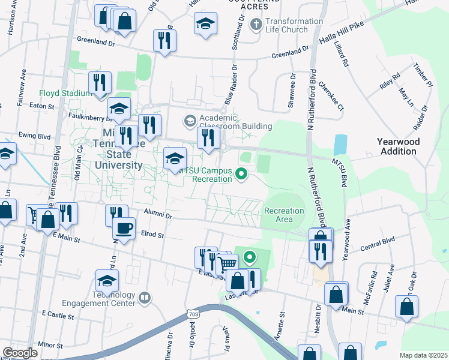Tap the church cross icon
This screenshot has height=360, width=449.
pyautogui.click(x=256, y=25)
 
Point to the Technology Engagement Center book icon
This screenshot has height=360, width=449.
pyautogui.click(x=144, y=297)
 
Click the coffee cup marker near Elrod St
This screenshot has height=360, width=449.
pyautogui.click(x=124, y=228)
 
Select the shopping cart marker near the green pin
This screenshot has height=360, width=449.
pyautogui.click(x=228, y=263)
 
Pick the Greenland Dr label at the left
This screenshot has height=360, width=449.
pyautogui.click(x=95, y=43)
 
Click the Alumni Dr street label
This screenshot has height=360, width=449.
pyautogui.click(x=158, y=214)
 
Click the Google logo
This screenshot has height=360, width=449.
pyautogui.click(x=20, y=353)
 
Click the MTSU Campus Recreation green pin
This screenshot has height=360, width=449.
pyautogui.click(x=242, y=174)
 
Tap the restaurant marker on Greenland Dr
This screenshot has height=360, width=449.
pyautogui.click(x=164, y=40)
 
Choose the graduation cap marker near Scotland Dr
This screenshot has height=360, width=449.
pyautogui.click(x=205, y=23)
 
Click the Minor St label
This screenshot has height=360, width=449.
pyautogui.click(x=50, y=346)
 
